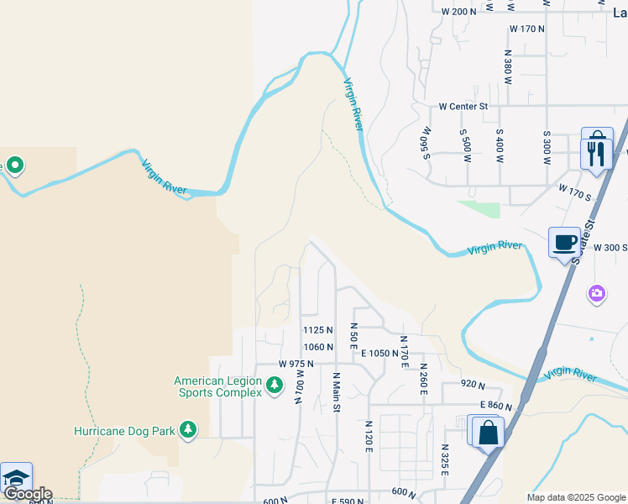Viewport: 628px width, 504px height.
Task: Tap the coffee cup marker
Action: pos(564,242)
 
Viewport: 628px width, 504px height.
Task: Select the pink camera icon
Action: pos(597,293)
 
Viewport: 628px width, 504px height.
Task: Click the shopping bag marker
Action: pos(488,433)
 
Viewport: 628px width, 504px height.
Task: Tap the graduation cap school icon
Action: pos(16,479)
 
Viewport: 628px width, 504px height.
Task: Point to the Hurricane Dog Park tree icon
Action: pos(188,431)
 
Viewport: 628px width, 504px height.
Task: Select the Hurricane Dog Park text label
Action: pos(124,431)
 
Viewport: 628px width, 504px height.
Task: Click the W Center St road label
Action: pos(463,107)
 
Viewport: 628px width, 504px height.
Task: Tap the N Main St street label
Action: pos(337,392)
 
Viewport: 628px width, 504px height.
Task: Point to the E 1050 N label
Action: pos(385,354)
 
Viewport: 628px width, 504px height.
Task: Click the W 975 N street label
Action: pos(296,364)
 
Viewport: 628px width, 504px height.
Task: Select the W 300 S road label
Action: pos(610,248)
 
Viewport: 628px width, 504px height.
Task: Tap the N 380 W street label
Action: pos(507,62)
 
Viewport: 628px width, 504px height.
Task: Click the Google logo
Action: pos(27,494)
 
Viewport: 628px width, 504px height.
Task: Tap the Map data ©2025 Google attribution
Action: pos(576,497)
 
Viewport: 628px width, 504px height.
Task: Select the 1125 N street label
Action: pos(318,330)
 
